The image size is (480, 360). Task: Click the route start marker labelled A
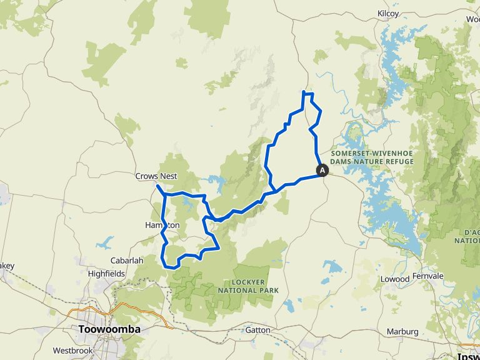point(322,169)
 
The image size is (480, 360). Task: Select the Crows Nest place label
point(156,176)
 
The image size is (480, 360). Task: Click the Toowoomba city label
point(109,329)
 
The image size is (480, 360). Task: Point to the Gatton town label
point(257,330)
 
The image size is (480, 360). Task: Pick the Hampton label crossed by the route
point(162,225)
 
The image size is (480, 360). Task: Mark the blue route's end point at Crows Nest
point(157,186)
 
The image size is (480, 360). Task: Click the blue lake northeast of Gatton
point(332,268)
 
